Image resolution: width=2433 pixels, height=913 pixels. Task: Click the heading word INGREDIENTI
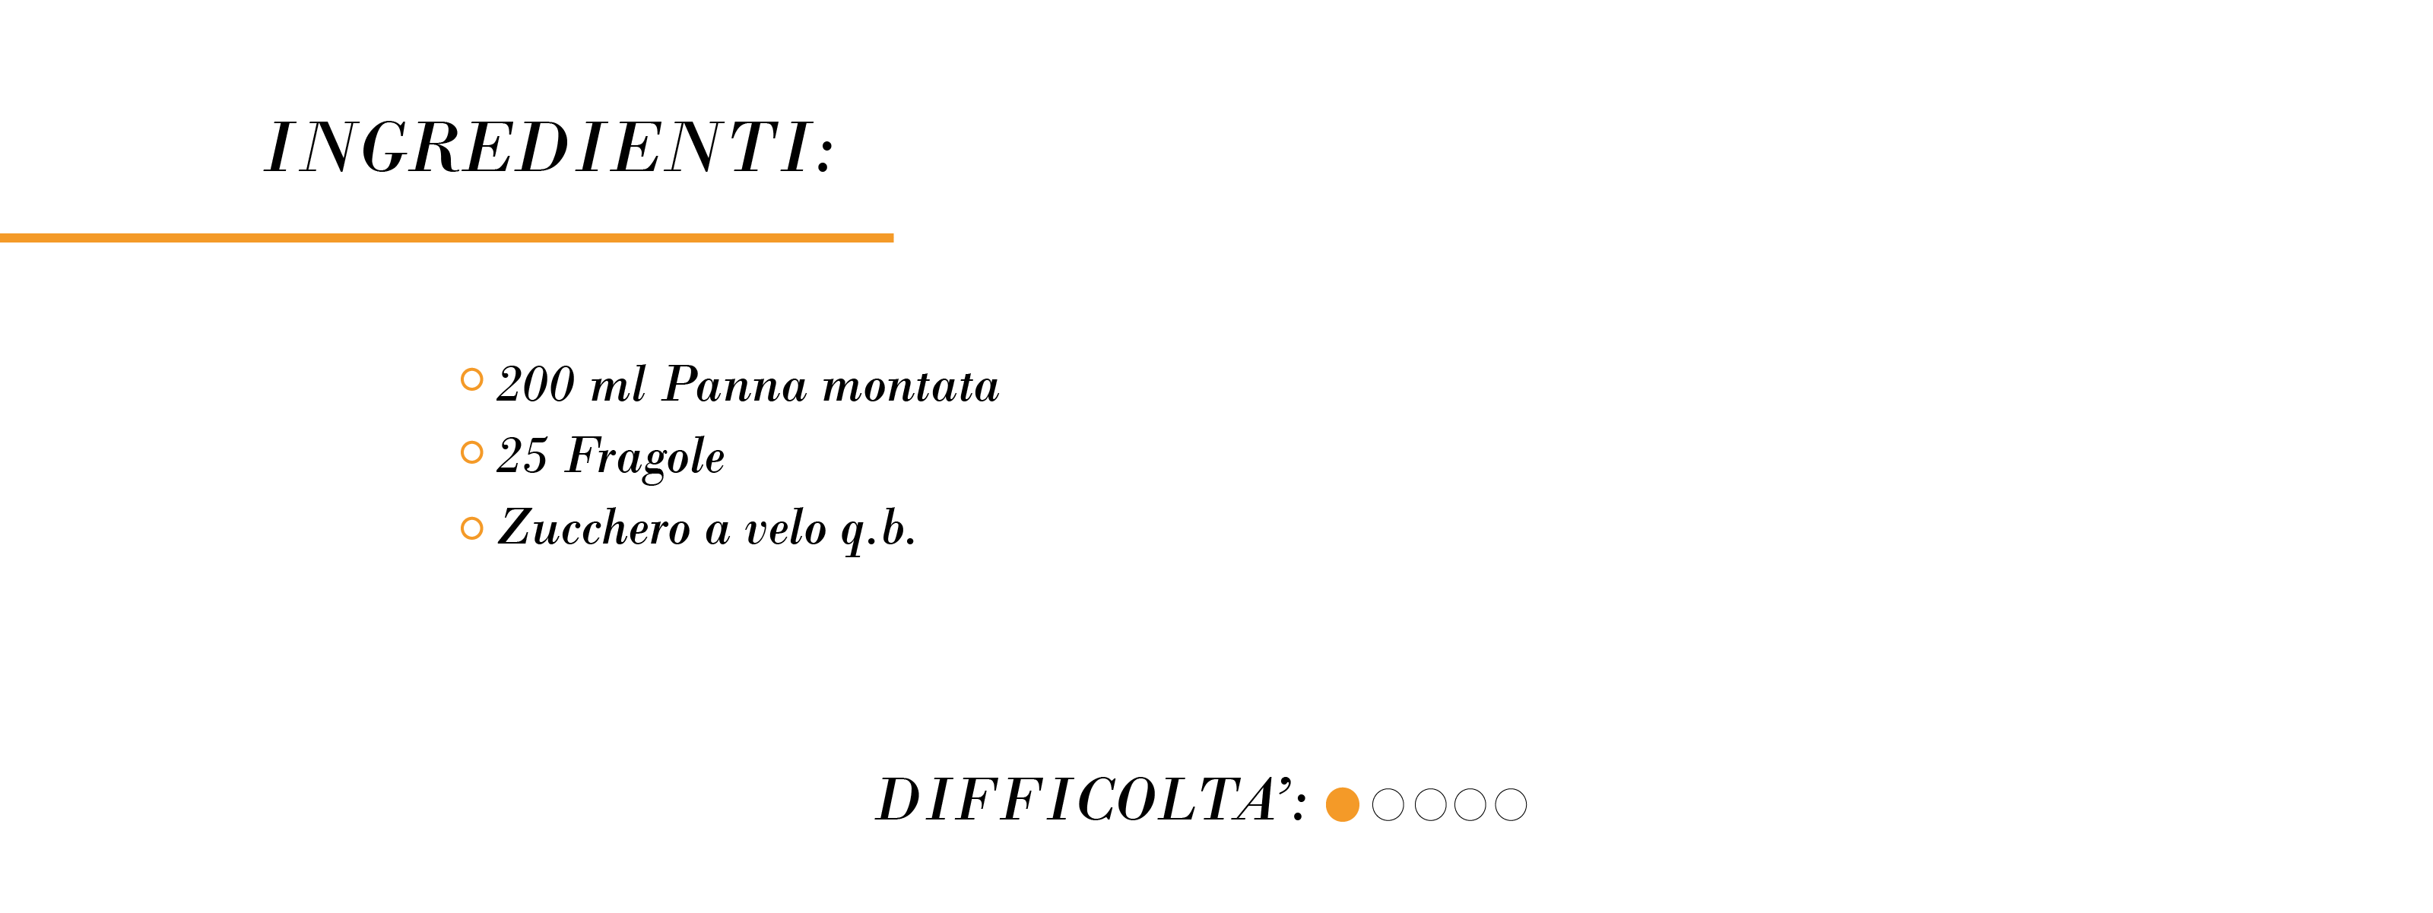click(x=538, y=148)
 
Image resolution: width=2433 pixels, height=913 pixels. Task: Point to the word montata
click(x=911, y=386)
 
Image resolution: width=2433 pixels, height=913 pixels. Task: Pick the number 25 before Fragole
click(x=522, y=456)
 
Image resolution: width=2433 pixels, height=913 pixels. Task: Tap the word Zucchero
click(x=594, y=528)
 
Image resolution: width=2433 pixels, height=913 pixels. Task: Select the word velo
click(x=785, y=528)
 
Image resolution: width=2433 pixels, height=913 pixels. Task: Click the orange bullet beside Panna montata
click(x=472, y=379)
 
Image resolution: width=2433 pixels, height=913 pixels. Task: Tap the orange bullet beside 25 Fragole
click(x=472, y=452)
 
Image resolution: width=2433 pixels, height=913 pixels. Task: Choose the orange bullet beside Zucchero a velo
click(x=472, y=528)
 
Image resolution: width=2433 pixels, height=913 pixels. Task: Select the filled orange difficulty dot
click(x=1342, y=804)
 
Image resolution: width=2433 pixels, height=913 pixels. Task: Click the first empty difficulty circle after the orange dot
click(x=1388, y=804)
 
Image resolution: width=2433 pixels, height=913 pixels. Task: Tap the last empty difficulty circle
click(x=1510, y=804)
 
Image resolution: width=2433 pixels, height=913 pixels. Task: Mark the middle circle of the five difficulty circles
click(x=1430, y=804)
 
